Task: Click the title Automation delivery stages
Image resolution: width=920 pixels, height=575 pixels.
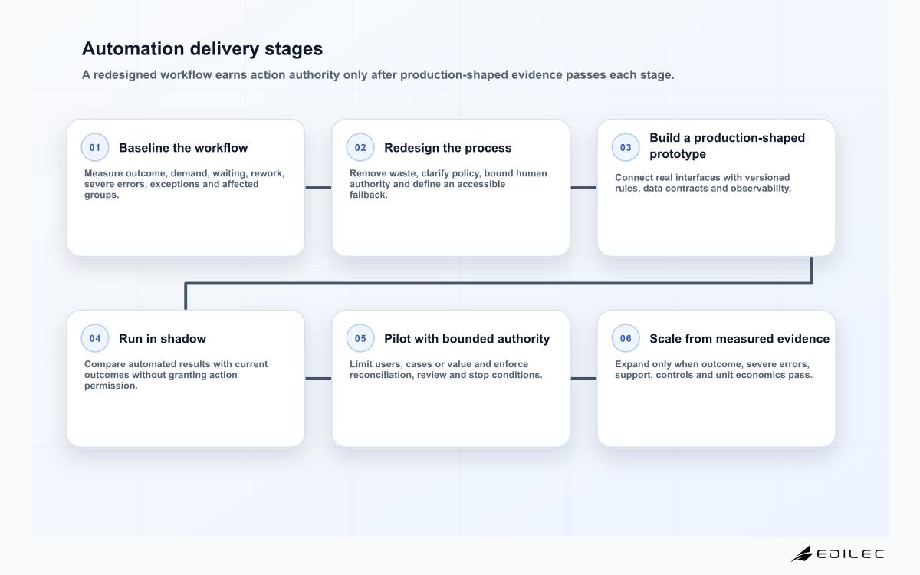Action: pyautogui.click(x=202, y=48)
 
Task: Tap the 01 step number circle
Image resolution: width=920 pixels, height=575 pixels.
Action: pyautogui.click(x=95, y=147)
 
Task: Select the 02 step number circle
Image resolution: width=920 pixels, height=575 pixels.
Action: pyautogui.click(x=360, y=147)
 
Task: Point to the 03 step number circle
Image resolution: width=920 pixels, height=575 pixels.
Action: pyautogui.click(x=626, y=147)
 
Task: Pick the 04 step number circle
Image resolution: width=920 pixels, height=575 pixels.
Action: pyautogui.click(x=95, y=338)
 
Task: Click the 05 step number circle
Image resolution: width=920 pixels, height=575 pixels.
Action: pyautogui.click(x=360, y=338)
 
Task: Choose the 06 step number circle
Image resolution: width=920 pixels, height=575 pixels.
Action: pyautogui.click(x=626, y=338)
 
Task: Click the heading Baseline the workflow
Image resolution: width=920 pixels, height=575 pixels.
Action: pyautogui.click(x=183, y=148)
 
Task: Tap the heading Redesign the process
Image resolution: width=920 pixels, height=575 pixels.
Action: pyautogui.click(x=448, y=148)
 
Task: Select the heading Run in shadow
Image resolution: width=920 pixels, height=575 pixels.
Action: pyautogui.click(x=163, y=339)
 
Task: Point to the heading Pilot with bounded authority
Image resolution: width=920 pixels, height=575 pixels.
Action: pyautogui.click(x=467, y=339)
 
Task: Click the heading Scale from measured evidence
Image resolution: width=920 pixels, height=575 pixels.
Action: pyautogui.click(x=739, y=339)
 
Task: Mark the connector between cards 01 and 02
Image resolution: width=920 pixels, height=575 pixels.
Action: pyautogui.click(x=318, y=188)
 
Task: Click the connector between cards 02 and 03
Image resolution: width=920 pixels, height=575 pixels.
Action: pyautogui.click(x=583, y=188)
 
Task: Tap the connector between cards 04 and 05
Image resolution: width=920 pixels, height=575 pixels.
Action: pyautogui.click(x=318, y=379)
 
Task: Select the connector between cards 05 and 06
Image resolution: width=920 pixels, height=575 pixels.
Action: pyautogui.click(x=583, y=379)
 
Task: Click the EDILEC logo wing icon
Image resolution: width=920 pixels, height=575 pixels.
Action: pyautogui.click(x=802, y=554)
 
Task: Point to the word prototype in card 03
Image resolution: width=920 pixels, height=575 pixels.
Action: pyautogui.click(x=678, y=154)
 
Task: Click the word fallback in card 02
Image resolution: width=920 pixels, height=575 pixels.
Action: pyautogui.click(x=369, y=195)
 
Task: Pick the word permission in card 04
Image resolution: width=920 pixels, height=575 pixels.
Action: pyautogui.click(x=111, y=386)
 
